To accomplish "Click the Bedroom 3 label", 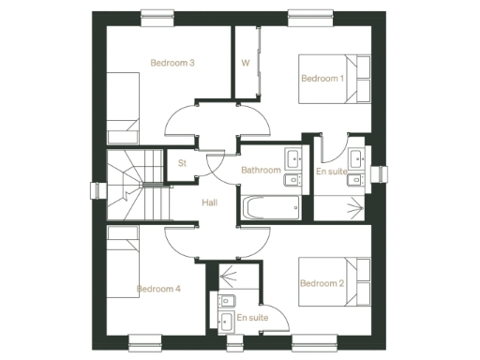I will pos(172,64).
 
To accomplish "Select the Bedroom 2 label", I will pos(322,283).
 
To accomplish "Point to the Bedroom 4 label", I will pos(158,289).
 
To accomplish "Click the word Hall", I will pos(211,201).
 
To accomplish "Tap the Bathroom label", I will pos(260,171).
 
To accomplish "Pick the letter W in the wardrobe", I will pos(245,64).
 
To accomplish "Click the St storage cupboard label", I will pos(183,163).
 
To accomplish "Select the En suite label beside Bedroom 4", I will pos(251,319).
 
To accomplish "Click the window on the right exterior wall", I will pos(380,174).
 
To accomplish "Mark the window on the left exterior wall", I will pos(96,190).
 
